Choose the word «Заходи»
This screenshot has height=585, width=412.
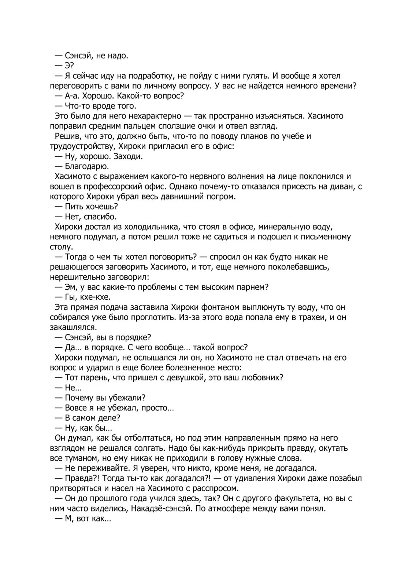(128, 156)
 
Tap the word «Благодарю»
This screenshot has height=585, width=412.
(87, 166)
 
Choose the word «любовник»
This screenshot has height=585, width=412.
(261, 378)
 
